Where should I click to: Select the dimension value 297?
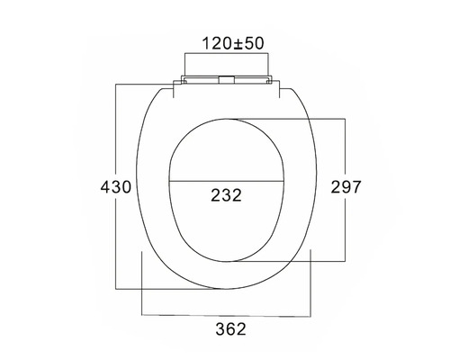[x=346, y=187]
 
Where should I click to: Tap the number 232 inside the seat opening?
[x=225, y=195]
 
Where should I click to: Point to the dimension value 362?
[x=226, y=330]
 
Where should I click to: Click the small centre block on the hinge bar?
[x=226, y=80]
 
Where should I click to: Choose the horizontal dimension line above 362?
[x=226, y=315]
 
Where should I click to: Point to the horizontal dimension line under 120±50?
[x=226, y=54]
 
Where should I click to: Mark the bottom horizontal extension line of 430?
[x=171, y=290]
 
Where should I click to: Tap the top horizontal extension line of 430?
[x=144, y=85]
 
